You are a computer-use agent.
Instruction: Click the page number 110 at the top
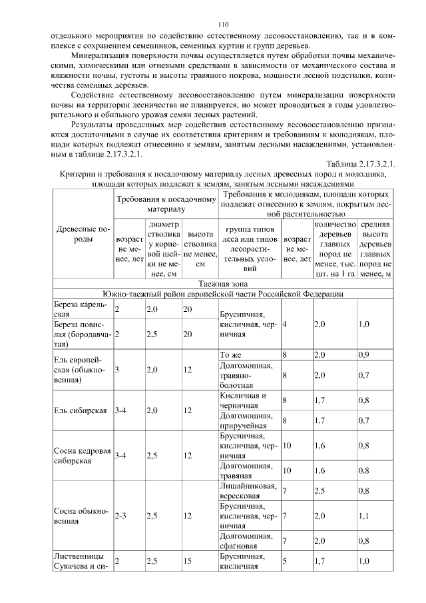coord(213,23)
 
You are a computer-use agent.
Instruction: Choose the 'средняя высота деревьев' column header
coord(375,249)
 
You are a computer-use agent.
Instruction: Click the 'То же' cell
coord(230,355)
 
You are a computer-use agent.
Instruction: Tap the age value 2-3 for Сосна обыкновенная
coord(122,515)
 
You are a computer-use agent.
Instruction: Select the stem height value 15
coord(188,562)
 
